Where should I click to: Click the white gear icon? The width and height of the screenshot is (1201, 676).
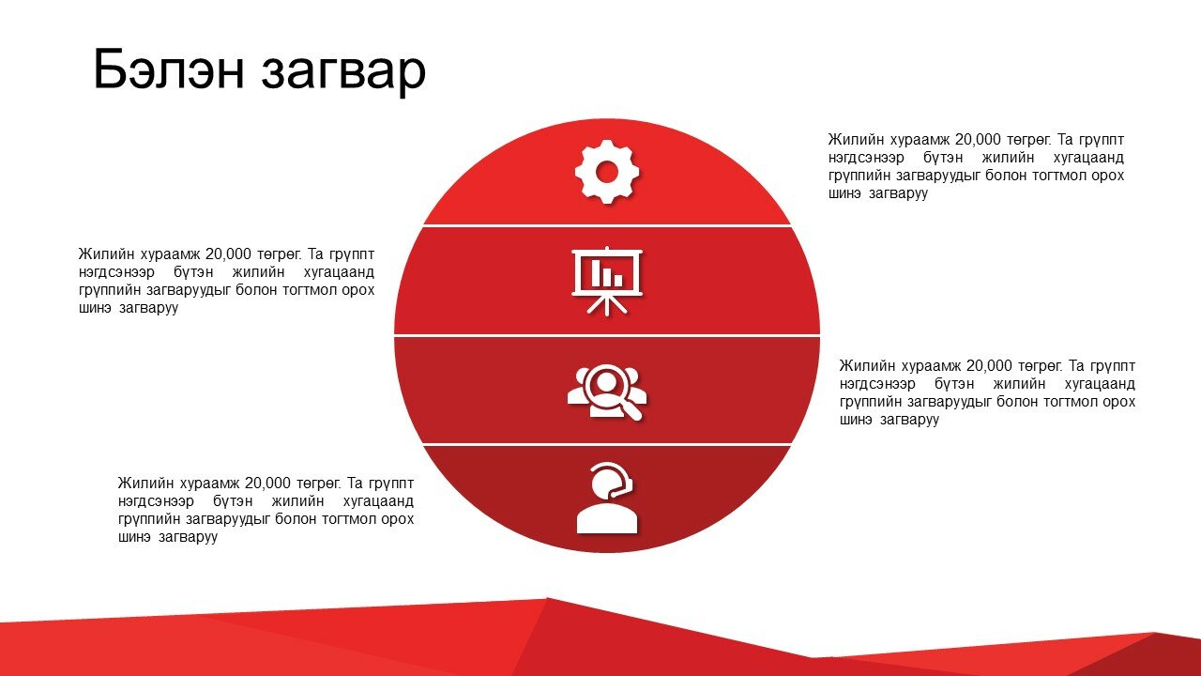click(607, 172)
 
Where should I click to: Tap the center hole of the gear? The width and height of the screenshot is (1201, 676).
click(607, 172)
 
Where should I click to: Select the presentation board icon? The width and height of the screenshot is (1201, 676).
click(607, 281)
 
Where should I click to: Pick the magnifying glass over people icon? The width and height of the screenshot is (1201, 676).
click(607, 392)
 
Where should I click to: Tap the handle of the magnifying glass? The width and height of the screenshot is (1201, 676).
click(633, 411)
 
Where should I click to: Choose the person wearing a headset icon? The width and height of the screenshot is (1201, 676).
click(607, 498)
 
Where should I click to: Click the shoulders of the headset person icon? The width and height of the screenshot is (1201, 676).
click(607, 519)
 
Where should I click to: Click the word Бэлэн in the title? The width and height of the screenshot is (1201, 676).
click(169, 69)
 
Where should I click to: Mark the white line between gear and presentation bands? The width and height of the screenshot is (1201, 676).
click(607, 226)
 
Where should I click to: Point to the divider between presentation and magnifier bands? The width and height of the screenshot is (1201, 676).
click(607, 336)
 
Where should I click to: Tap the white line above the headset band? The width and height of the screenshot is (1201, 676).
click(607, 445)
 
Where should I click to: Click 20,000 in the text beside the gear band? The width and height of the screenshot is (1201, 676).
click(978, 140)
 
